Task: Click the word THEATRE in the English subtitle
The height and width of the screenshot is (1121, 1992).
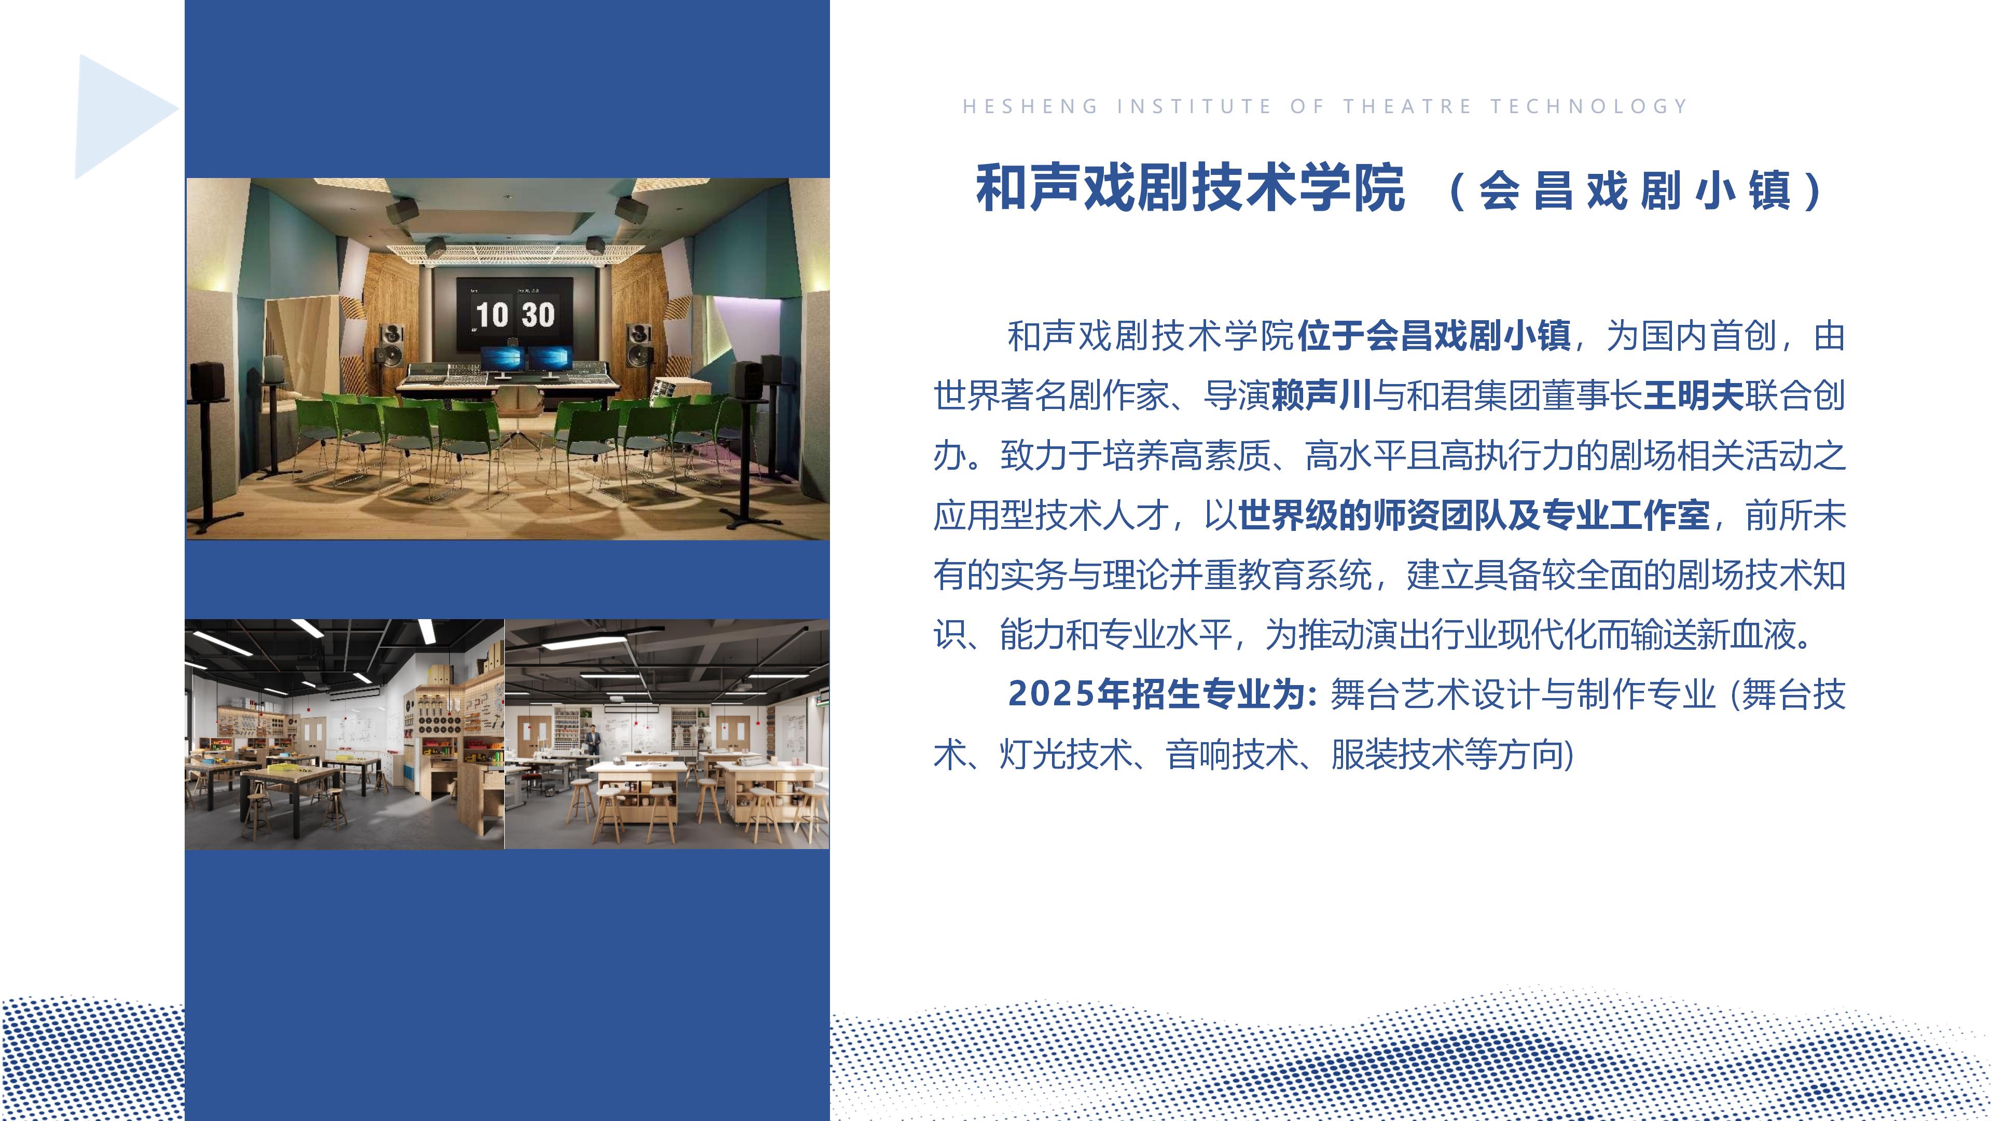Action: (1407, 106)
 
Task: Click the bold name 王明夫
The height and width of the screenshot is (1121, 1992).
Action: (1694, 395)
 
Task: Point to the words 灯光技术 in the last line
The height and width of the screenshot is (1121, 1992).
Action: (1066, 754)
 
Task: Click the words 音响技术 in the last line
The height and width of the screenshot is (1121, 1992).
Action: (1233, 754)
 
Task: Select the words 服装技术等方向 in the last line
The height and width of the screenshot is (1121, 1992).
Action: (1448, 754)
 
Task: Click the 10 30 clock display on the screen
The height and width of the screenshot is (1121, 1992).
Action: (515, 315)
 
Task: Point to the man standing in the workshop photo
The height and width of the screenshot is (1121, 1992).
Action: (592, 740)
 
